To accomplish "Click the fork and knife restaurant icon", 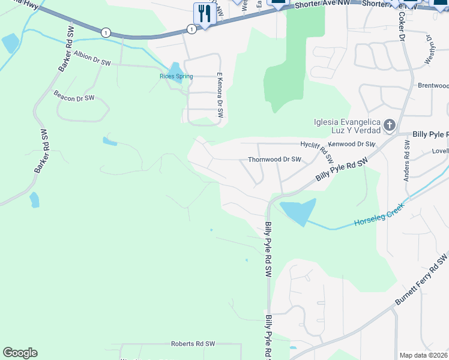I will (205, 13).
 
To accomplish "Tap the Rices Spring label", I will (176, 76).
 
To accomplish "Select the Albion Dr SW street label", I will (92, 58).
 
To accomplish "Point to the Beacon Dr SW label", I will (74, 96).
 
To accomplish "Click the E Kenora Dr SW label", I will (220, 92).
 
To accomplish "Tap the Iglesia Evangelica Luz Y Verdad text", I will (347, 126).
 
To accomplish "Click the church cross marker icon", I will (389, 125).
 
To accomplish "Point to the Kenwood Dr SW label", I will (352, 144).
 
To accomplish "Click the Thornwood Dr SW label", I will (274, 160).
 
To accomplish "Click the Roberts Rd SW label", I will (193, 344).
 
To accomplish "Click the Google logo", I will (20, 353).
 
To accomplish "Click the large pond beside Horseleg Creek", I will (298, 211).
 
